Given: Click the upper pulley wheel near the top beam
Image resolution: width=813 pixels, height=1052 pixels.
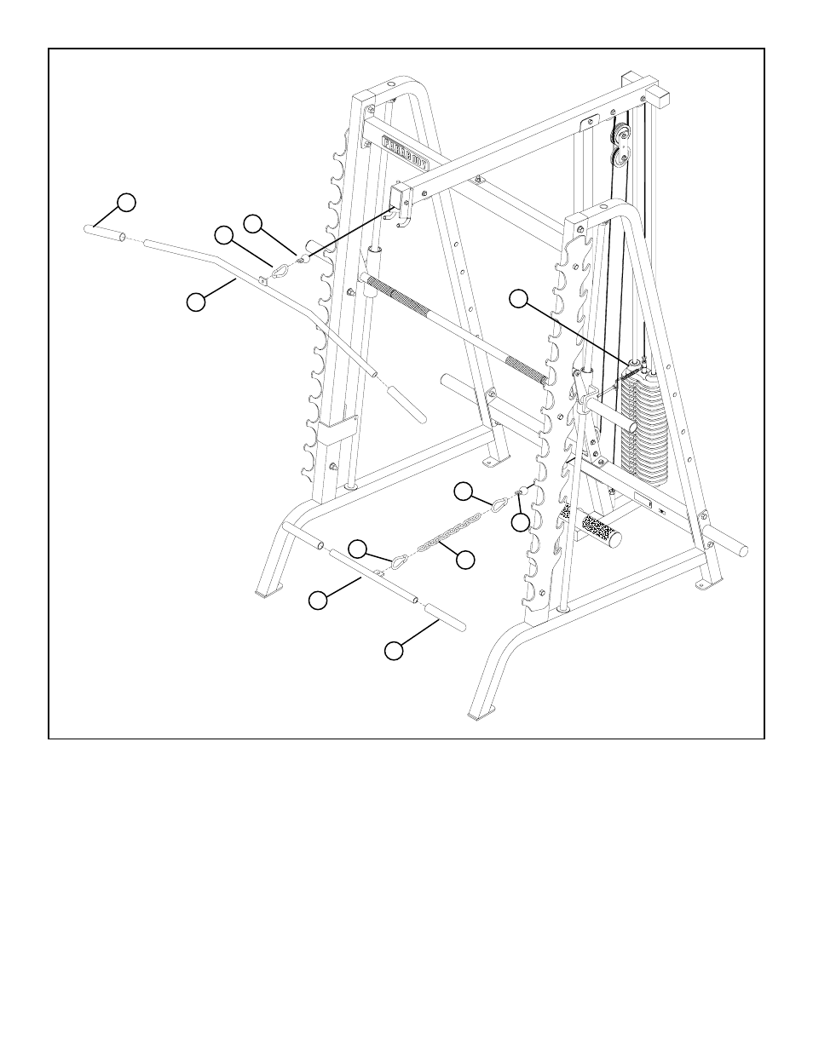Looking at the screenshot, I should [621, 134].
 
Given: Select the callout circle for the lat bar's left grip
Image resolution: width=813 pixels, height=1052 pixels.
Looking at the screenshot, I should [126, 202].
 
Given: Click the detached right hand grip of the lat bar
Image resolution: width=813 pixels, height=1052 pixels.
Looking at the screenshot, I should [406, 403].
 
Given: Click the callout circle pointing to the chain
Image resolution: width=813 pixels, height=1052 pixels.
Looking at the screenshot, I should [465, 560].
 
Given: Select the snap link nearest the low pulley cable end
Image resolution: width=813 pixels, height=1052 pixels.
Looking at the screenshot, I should [498, 504].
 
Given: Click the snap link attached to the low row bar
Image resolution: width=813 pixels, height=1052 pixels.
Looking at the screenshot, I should [398, 561].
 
